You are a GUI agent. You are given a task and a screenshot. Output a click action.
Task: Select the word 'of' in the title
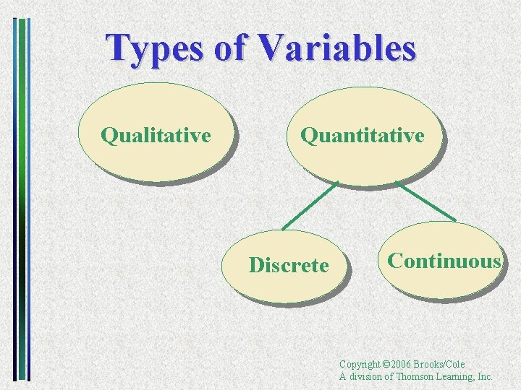231,48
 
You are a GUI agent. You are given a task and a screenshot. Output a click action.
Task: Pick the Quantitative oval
362,162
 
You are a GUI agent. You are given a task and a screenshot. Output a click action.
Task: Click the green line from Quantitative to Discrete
310,205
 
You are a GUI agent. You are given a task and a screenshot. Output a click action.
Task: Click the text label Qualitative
156,135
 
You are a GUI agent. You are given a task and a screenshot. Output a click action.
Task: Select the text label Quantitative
363,135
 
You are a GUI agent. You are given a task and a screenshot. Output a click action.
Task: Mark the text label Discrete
289,266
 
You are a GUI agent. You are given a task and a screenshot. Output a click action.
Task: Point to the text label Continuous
444,261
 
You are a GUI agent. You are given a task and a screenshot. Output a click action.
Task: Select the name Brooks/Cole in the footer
443,365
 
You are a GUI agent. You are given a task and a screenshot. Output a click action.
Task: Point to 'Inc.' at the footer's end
485,376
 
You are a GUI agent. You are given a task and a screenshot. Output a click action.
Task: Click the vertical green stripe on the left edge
22,195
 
